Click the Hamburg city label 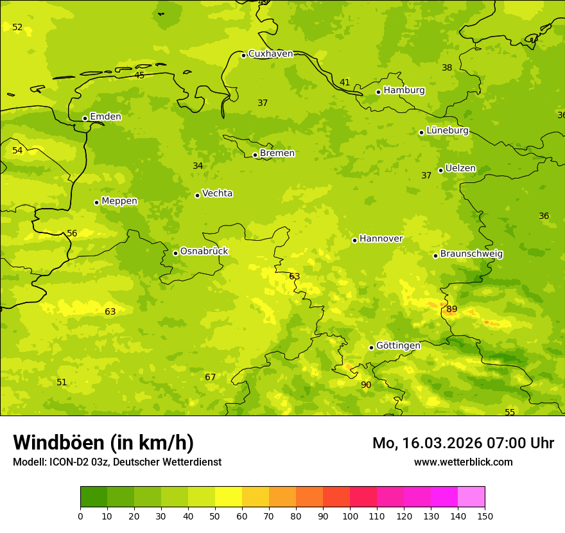tap(404, 91)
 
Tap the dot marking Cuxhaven tap(243, 55)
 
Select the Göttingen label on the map tap(398, 346)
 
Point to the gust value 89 tap(452, 310)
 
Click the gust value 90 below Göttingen tap(366, 385)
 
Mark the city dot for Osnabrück tap(175, 253)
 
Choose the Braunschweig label tap(471, 254)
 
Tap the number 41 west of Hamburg tap(345, 83)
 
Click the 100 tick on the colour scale tap(350, 516)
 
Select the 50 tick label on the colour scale tap(215, 516)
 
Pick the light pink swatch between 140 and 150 tap(471, 497)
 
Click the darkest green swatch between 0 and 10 tap(94, 497)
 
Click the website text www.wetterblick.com tap(463, 462)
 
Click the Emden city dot tap(85, 118)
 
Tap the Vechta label tap(217, 193)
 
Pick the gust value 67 tap(211, 378)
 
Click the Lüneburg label tap(447, 130)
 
